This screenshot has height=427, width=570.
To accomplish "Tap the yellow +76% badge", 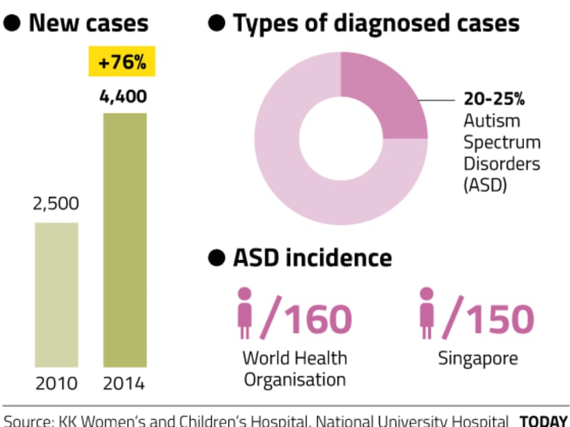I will pos(123,63).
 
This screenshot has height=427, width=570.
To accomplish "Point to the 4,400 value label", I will pos(123,96).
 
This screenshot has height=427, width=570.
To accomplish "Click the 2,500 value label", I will pos(56,204).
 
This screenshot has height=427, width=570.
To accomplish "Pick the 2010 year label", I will pos(56,383).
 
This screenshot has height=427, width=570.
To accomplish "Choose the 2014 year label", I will pos(124,383).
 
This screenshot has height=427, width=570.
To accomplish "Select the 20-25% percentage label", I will pos(493,100).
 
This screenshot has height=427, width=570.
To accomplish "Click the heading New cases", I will pos(89,24).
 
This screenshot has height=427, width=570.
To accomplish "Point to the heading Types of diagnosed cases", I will pos(376,24).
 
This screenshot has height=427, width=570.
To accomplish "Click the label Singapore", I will pos(479,358).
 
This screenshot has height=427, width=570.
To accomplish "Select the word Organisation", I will pos(295,380).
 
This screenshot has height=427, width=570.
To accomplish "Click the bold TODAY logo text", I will pos(543,420).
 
